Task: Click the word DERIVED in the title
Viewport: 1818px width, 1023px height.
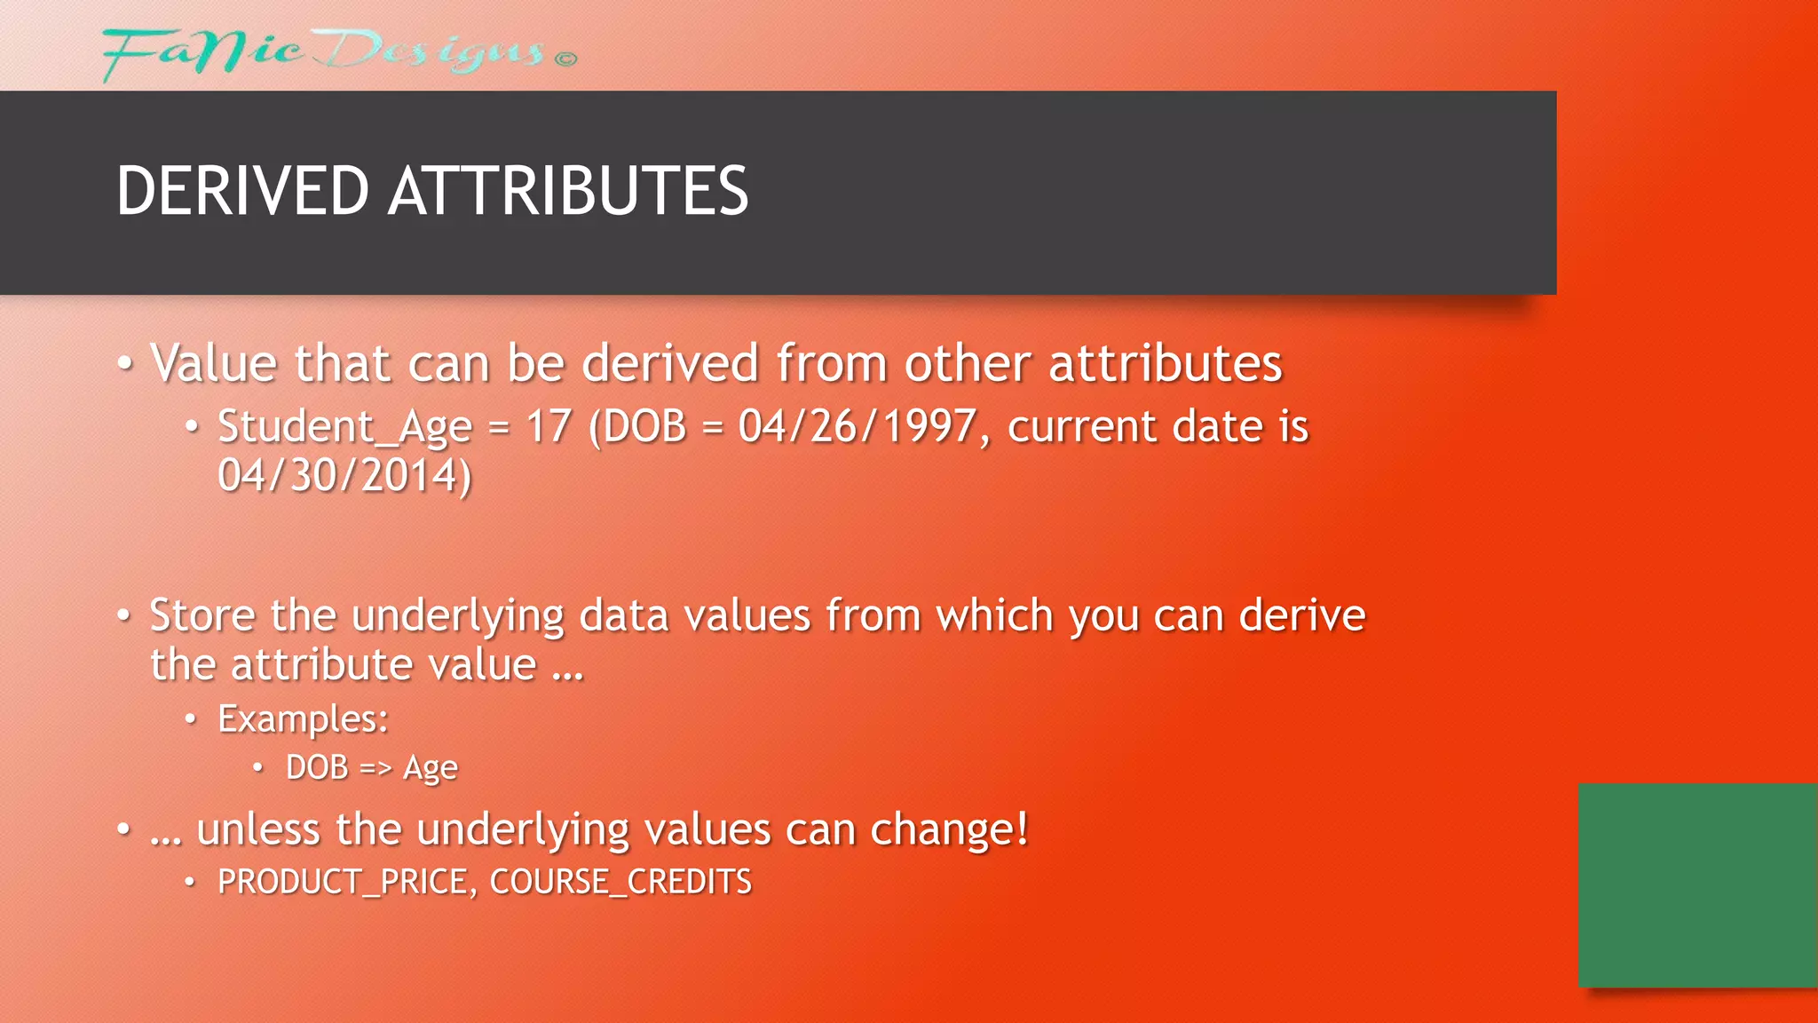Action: [242, 191]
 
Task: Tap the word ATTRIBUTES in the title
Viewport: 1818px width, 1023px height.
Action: [568, 191]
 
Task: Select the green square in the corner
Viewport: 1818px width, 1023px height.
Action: [1697, 884]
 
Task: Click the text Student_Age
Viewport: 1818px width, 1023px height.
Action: [344, 427]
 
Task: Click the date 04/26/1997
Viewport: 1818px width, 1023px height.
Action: [858, 426]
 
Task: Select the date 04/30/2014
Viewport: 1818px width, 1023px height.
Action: [344, 476]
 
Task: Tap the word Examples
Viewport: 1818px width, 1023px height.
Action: [302, 719]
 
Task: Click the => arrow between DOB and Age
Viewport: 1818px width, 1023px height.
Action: [375, 768]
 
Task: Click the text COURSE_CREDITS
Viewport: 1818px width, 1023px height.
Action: [620, 882]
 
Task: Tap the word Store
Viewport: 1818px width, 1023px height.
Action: [202, 615]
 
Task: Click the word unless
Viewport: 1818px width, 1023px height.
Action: [257, 830]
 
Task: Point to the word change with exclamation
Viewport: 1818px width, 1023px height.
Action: [949, 830]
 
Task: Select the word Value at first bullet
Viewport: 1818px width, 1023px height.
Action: [213, 364]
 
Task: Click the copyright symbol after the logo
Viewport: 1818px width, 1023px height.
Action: [565, 59]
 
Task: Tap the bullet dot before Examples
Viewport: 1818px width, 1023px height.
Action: [190, 718]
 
